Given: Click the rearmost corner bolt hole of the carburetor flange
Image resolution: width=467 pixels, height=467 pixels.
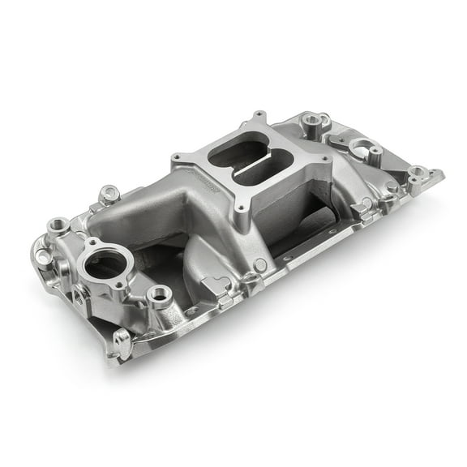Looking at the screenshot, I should pyautogui.click(x=259, y=117).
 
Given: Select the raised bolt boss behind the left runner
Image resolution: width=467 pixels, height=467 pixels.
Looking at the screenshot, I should pyautogui.click(x=109, y=194).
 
